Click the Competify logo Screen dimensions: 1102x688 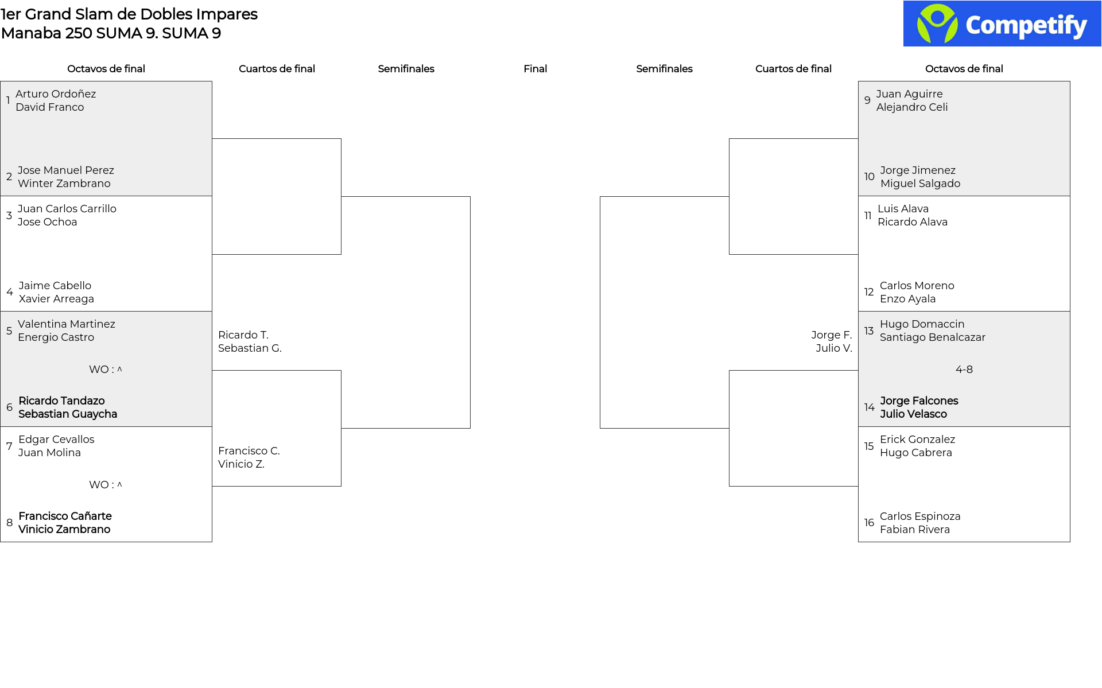coord(1002,24)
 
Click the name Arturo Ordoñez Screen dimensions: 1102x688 coord(56,94)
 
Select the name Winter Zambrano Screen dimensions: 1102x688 coord(64,184)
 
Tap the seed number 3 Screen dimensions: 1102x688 coord(9,215)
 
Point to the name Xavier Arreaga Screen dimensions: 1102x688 coord(56,299)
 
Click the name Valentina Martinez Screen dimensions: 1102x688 coord(67,324)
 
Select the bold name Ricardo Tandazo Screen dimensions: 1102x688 coord(61,401)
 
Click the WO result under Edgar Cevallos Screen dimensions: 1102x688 coord(106,485)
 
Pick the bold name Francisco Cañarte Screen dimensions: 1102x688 coord(65,516)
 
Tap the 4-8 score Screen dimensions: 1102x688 coord(964,370)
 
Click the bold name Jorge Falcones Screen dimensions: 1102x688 coord(919,401)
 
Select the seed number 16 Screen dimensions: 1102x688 coord(869,523)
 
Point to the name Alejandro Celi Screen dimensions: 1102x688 coord(912,107)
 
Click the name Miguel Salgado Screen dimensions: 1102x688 coord(920,184)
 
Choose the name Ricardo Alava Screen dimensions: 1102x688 coord(913,222)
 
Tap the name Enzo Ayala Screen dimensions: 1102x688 coord(907,299)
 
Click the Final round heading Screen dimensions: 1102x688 coord(535,69)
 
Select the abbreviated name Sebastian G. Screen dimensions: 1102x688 coord(250,348)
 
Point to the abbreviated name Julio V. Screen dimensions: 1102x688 coord(834,348)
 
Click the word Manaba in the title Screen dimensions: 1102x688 coord(31,33)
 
